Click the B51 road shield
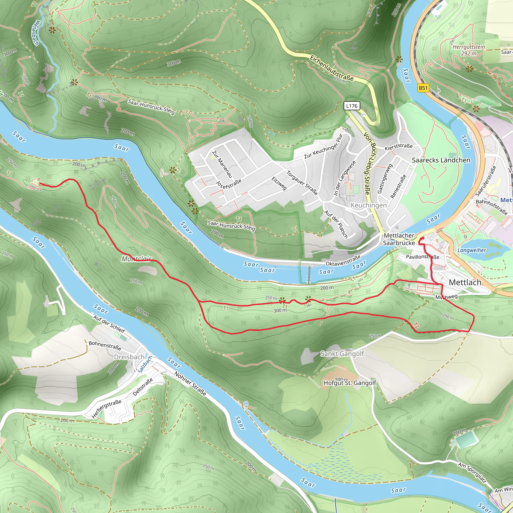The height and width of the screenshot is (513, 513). (423, 88)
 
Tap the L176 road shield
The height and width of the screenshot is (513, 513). (352, 106)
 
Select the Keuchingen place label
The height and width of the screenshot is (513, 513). (368, 205)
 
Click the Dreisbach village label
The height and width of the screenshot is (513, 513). (129, 357)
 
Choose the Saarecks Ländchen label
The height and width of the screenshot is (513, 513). (441, 160)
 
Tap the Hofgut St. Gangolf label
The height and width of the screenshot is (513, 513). (350, 383)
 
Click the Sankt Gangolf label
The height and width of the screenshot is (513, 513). (342, 354)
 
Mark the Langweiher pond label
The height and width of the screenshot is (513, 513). (472, 250)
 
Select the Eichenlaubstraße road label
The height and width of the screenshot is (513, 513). (332, 68)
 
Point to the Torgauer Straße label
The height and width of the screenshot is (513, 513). (302, 183)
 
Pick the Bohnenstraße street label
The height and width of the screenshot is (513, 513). (105, 345)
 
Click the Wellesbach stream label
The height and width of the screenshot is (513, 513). (35, 33)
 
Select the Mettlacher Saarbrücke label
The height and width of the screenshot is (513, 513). (399, 239)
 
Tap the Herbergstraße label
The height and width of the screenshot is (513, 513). (106, 409)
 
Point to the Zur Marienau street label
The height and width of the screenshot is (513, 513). (222, 164)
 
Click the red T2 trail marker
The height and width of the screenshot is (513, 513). (416, 326)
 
